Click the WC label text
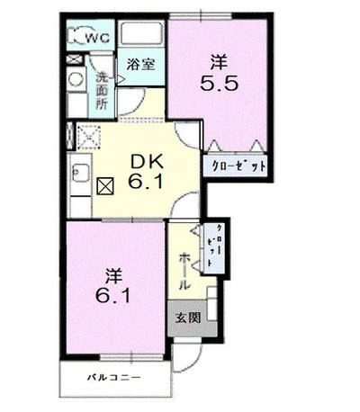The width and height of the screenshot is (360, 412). pos(98,38)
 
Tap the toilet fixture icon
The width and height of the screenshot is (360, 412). pos(76,35)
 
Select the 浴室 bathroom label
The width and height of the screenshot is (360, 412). pos(140,64)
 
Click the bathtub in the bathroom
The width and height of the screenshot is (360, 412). pos(141,33)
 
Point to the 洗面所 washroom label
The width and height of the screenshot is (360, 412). pos(102,91)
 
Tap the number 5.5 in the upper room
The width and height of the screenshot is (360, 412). pos(220,84)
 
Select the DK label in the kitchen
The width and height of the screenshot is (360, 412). pos(147,162)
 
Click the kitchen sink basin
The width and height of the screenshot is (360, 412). pos(80,173)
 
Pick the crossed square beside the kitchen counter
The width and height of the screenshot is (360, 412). pos(105,186)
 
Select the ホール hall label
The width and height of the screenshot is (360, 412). pos(184,272)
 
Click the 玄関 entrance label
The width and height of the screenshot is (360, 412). pos(188,318)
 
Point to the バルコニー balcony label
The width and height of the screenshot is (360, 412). pos(114,377)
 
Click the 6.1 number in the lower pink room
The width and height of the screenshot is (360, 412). pos(113,295)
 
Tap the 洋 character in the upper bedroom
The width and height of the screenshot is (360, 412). pos(219,62)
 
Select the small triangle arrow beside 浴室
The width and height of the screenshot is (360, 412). pos(121,79)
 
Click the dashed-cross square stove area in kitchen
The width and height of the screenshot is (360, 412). pos(89,138)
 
